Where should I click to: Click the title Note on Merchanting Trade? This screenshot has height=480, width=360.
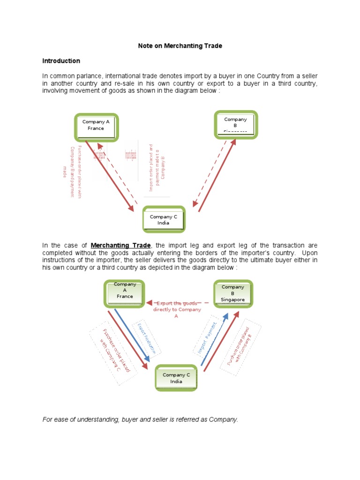point(180,46)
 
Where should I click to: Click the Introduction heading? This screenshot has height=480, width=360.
point(61,61)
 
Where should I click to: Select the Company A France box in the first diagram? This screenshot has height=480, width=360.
point(96,125)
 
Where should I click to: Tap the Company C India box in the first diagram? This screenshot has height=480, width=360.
point(164,220)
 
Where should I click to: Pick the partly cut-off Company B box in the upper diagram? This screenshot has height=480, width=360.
point(235,125)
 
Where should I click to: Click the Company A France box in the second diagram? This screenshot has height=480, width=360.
point(124,293)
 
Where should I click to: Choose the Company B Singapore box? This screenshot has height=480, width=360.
point(233,293)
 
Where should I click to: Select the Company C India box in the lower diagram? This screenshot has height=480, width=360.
point(176,378)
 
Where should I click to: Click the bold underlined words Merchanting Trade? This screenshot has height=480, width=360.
point(120,246)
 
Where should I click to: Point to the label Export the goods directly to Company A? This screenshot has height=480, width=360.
point(177,309)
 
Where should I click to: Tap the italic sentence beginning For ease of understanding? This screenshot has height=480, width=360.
point(140,420)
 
